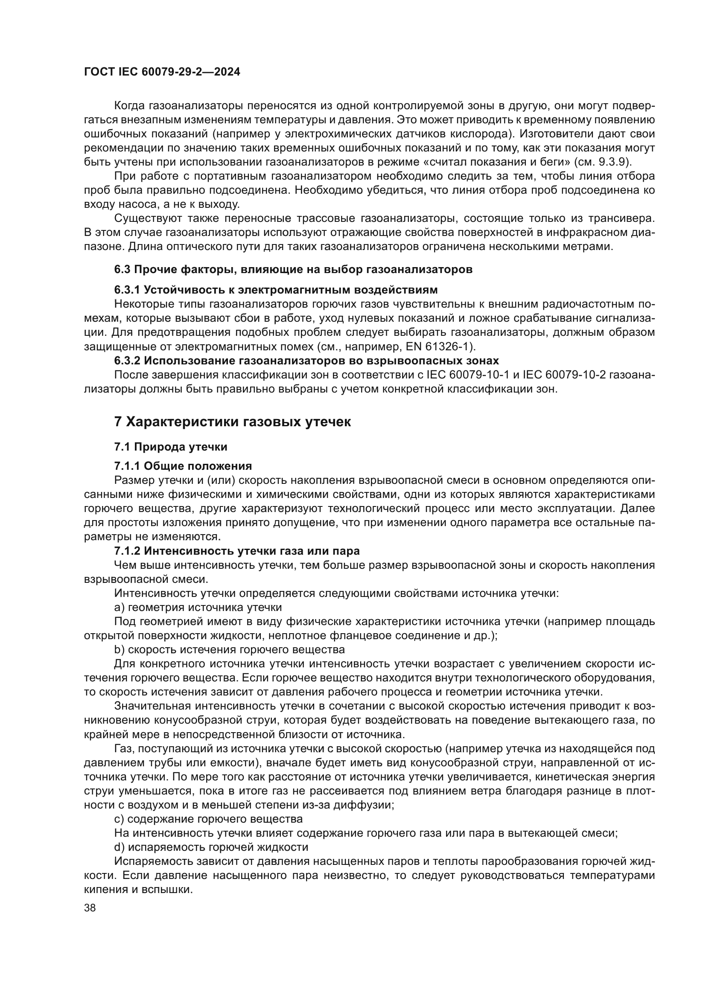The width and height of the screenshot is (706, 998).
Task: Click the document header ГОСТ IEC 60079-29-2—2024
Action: point(162,72)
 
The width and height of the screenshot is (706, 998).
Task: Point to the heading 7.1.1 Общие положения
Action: point(183,466)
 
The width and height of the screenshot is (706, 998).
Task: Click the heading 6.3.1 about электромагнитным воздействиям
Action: point(276,289)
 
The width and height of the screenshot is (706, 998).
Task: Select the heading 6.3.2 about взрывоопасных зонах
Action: point(306,361)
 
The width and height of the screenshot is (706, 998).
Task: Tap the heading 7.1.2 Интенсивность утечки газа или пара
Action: point(237,551)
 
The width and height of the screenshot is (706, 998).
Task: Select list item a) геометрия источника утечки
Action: point(198,607)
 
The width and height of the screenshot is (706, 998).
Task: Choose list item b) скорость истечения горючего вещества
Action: point(229,649)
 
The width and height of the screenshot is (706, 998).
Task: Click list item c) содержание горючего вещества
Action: point(208,819)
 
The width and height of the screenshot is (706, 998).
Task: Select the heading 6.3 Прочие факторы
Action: point(293,270)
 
